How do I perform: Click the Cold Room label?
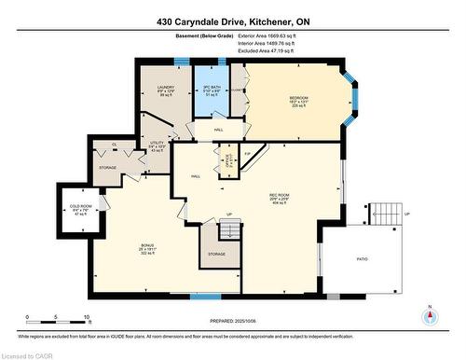point(80,209)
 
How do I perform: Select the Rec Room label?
point(276,196)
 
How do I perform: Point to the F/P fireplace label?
point(247,152)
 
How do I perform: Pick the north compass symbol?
point(430,314)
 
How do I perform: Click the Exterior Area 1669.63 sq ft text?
point(263,35)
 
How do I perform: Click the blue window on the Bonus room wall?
point(206,296)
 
